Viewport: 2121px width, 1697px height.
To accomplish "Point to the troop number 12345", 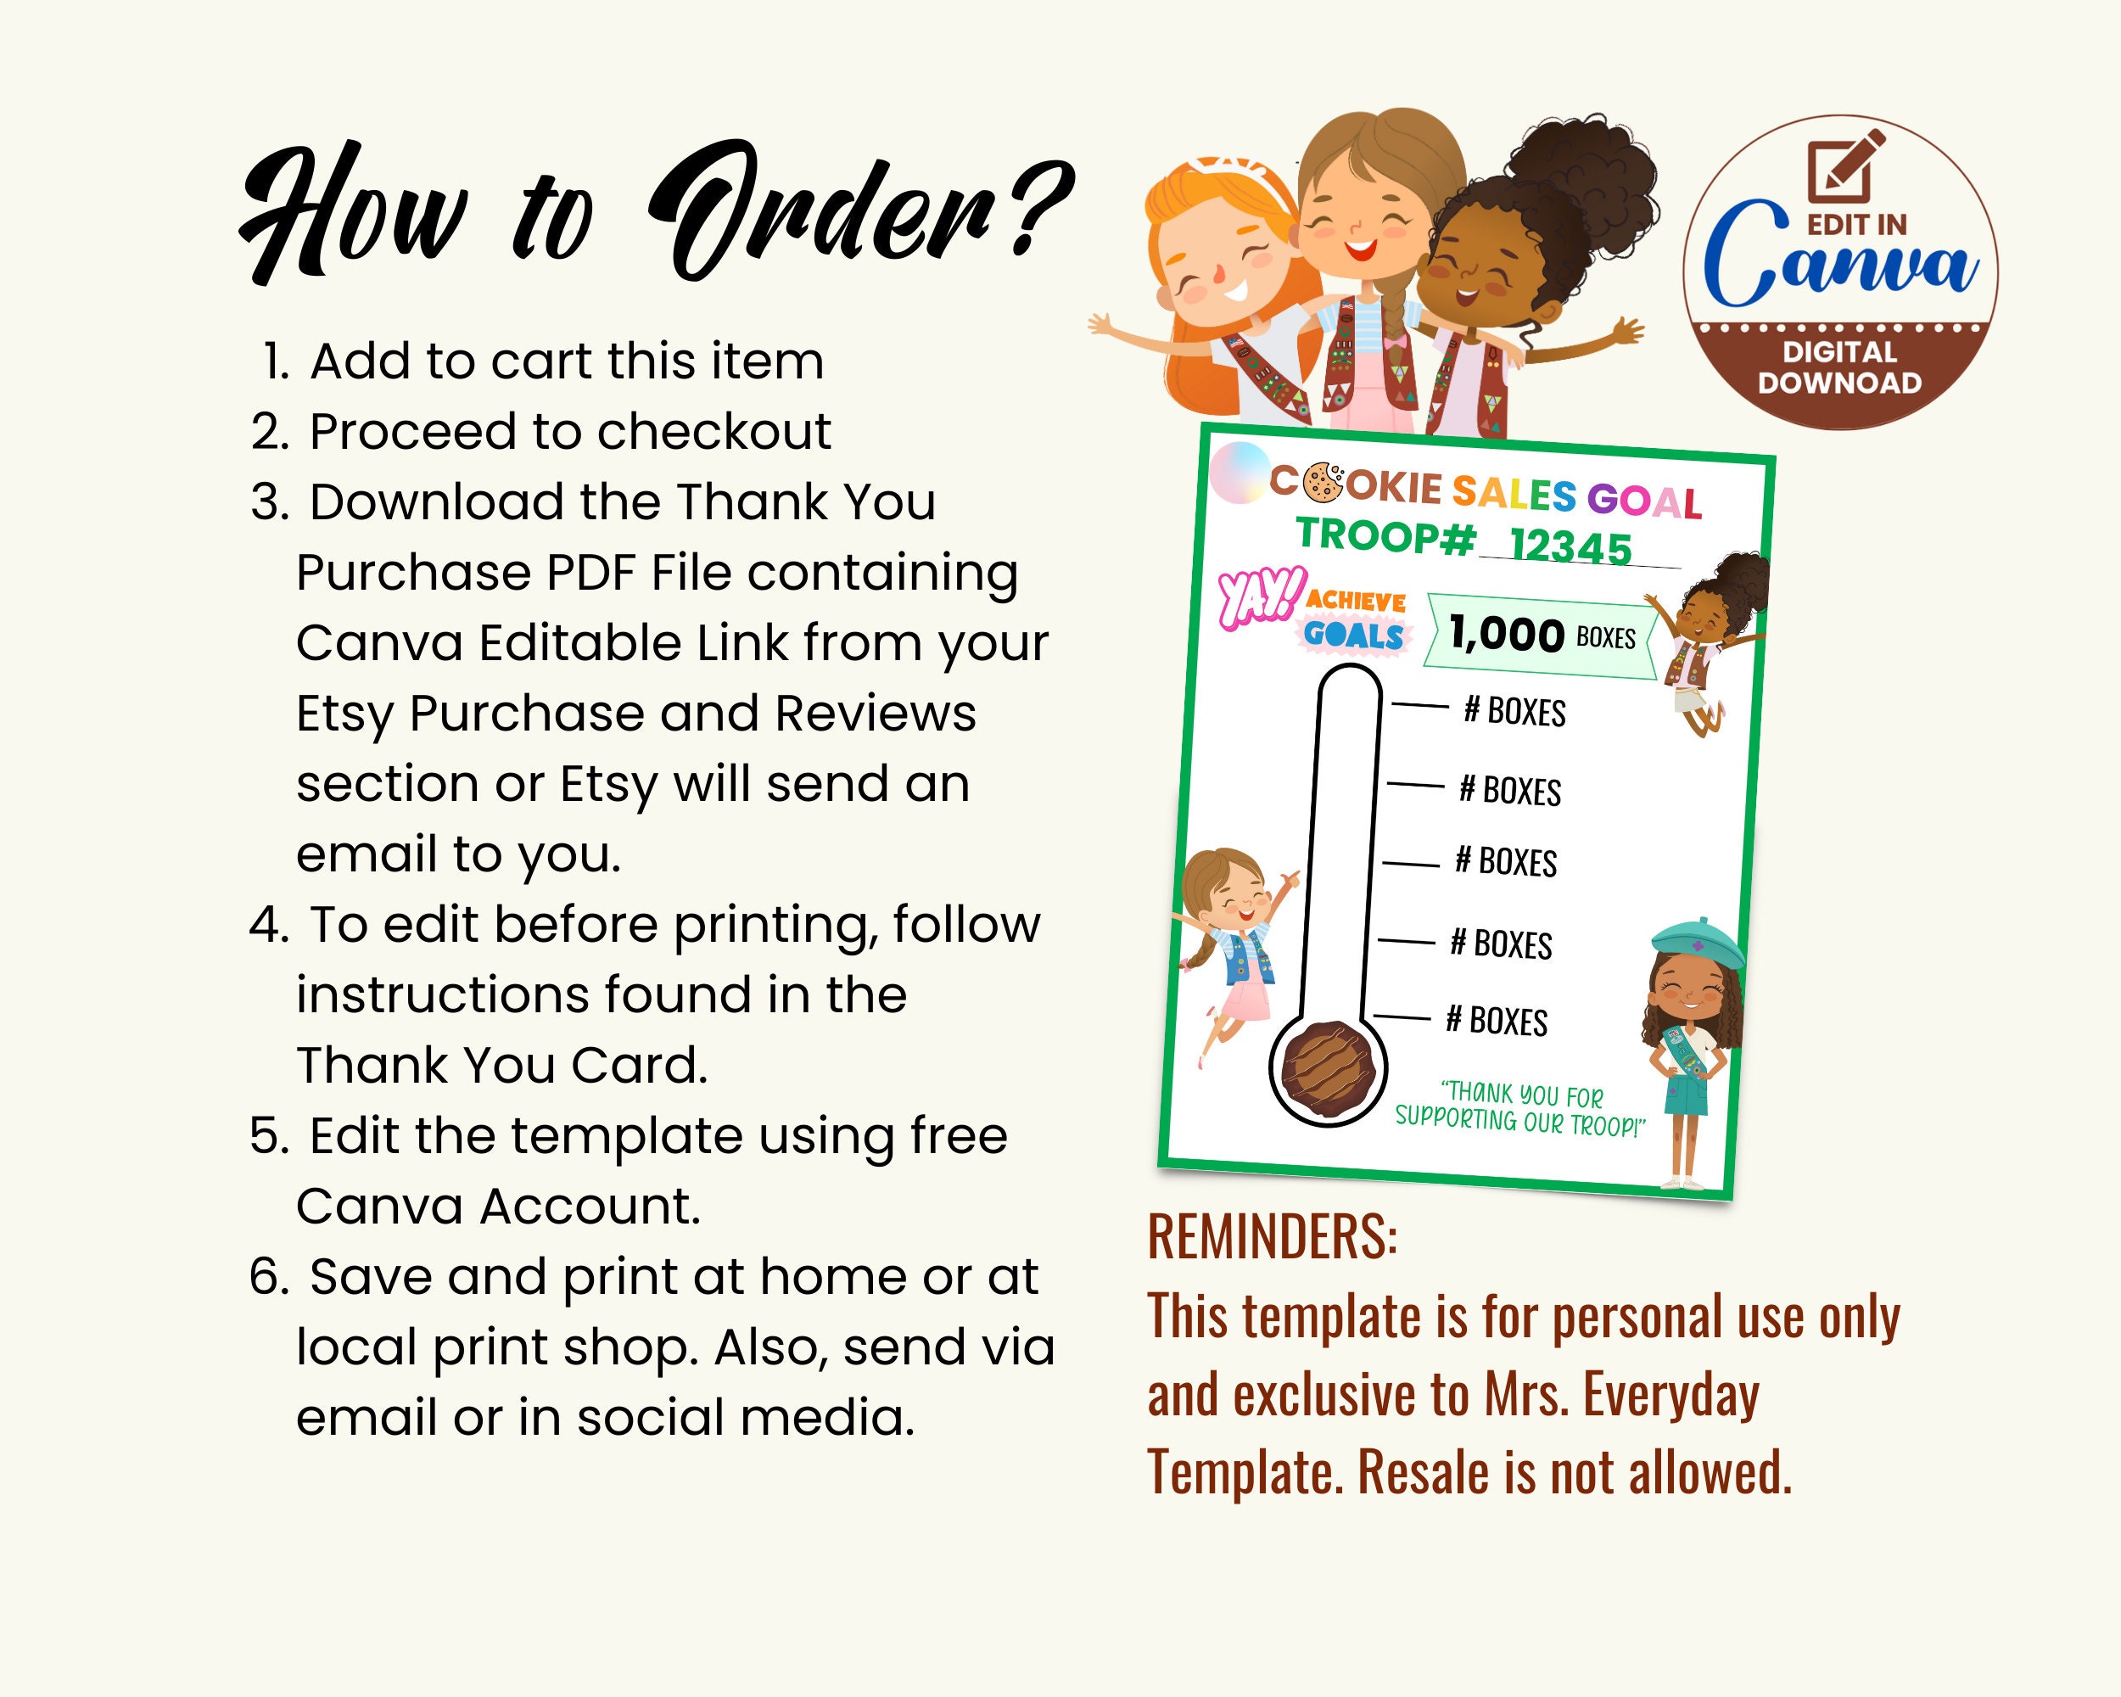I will tap(1570, 545).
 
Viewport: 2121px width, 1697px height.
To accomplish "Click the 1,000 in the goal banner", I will tap(1506, 634).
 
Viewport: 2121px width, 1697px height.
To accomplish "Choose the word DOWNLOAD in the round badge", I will tap(1838, 383).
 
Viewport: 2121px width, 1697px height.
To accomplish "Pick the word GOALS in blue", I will tap(1354, 635).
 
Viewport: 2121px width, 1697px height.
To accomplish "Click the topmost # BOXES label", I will tap(1514, 710).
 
